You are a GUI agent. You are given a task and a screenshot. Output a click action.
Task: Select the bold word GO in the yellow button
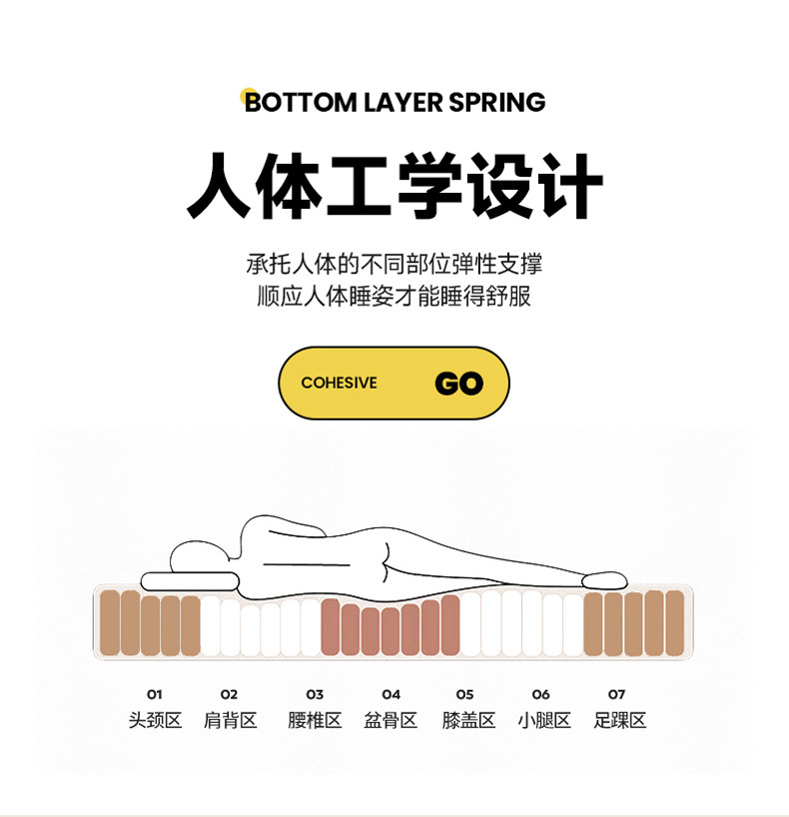pyautogui.click(x=458, y=384)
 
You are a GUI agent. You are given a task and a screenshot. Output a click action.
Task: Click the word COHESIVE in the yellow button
pyautogui.click(x=339, y=384)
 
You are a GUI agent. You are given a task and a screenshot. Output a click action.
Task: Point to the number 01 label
pyautogui.click(x=154, y=694)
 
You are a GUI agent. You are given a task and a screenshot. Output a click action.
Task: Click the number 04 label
pyautogui.click(x=391, y=694)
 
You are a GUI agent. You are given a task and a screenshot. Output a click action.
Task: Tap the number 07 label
pyautogui.click(x=616, y=694)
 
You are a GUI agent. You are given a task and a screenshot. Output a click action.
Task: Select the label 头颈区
pyautogui.click(x=155, y=720)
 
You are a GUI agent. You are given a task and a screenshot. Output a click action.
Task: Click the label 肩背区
pyautogui.click(x=230, y=720)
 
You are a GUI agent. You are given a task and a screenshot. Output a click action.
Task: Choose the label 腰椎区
pyautogui.click(x=315, y=720)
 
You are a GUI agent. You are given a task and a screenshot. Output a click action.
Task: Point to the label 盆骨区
pyautogui.click(x=391, y=720)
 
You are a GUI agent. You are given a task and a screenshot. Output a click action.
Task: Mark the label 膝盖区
pyautogui.click(x=468, y=720)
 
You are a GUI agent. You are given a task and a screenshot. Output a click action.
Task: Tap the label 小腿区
pyautogui.click(x=544, y=720)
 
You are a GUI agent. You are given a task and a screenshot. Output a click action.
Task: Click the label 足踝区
pyautogui.click(x=619, y=720)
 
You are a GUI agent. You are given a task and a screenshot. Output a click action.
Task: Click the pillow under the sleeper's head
pyautogui.click(x=190, y=581)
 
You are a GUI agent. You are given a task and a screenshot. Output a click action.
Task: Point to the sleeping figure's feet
pyautogui.click(x=603, y=579)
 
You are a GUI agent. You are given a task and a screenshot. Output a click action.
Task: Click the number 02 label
pyautogui.click(x=230, y=694)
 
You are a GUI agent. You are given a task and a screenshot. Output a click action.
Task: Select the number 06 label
pyautogui.click(x=540, y=694)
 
